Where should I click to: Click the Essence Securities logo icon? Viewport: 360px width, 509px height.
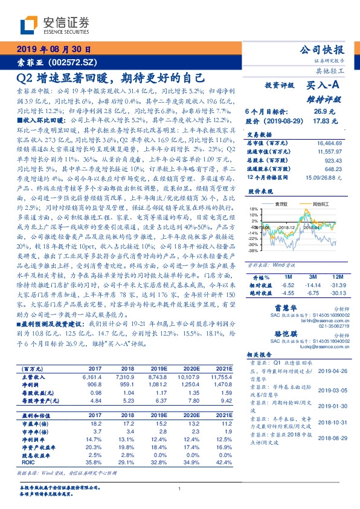point(27,25)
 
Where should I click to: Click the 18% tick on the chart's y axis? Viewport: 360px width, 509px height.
point(253,208)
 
